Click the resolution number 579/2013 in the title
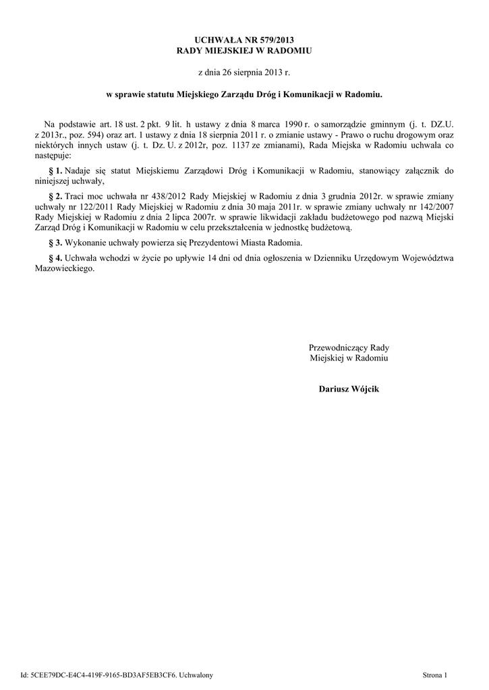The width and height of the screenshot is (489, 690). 275,40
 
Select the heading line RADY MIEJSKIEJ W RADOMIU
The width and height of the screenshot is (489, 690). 244,51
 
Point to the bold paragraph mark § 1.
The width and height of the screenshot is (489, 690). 56,172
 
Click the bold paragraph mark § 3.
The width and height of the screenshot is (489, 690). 56,242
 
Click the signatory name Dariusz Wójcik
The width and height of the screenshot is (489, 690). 349,389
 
